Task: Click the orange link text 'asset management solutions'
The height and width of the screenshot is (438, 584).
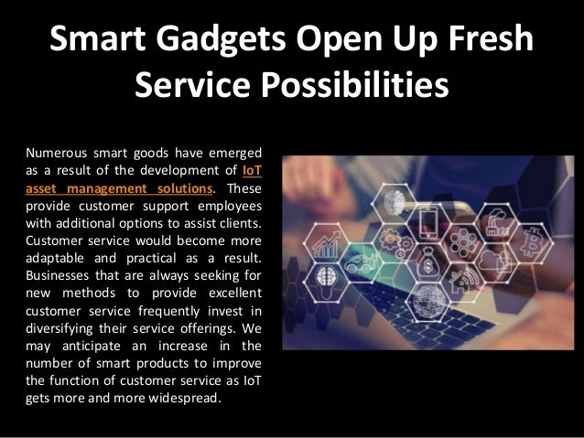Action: pyautogui.click(x=120, y=188)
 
